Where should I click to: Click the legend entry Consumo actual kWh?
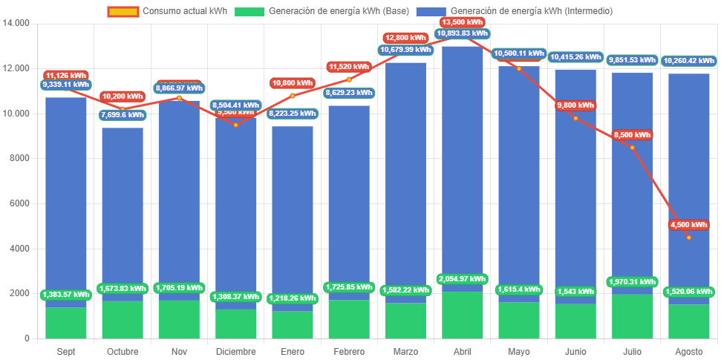coord(166,11)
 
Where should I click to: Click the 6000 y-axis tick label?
coord(19,203)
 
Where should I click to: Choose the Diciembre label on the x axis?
coord(235,351)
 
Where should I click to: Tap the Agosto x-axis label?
coord(688,351)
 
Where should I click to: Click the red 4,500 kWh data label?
coord(688,225)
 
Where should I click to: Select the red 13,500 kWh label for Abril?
coord(462,22)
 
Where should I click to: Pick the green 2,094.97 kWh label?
coord(462,279)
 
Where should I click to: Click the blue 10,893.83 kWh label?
coord(462,33)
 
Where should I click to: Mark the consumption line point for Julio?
coord(632,147)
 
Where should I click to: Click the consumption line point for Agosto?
coord(688,238)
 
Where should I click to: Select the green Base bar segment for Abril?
coord(462,315)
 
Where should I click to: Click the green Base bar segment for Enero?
coord(293,325)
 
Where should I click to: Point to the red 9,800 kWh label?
coord(575,105)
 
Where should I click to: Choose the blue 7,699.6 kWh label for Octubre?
coord(123,115)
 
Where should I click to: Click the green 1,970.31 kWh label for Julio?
coord(632,282)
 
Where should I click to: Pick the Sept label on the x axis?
coord(66,351)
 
